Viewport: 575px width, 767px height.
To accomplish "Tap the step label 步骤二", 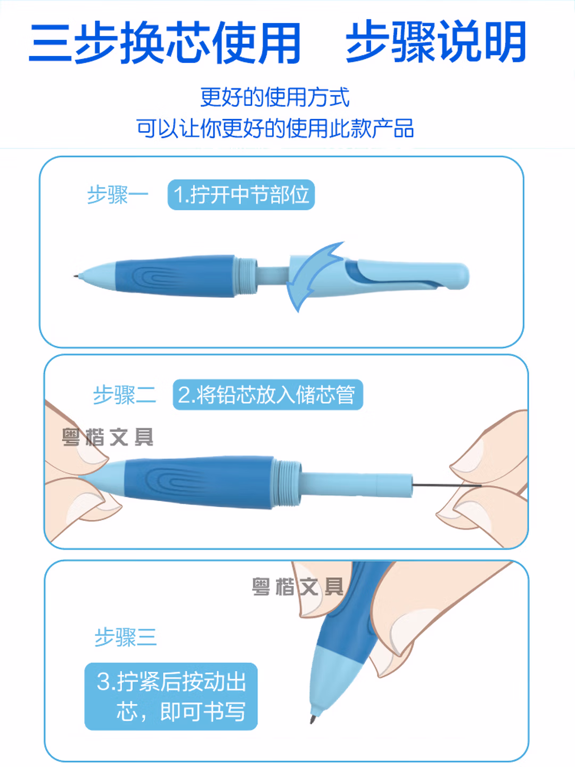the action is [124, 395].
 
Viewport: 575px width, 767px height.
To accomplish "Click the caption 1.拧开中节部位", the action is [241, 194].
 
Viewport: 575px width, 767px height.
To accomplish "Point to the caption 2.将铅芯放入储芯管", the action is [268, 395].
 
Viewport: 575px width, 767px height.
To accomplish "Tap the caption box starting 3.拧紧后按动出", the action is [171, 696].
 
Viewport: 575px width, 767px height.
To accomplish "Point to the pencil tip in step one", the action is [75, 276].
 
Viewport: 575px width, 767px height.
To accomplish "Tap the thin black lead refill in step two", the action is [447, 485].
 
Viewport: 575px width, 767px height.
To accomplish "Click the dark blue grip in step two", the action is [199, 482].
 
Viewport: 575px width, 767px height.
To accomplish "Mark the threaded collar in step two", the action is [287, 483].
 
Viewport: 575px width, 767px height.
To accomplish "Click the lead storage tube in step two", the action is [357, 484].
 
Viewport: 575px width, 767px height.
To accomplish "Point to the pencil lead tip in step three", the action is [313, 719].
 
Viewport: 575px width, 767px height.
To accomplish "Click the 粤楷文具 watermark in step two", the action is [108, 437].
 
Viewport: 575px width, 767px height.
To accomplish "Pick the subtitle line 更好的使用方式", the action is [275, 97].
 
